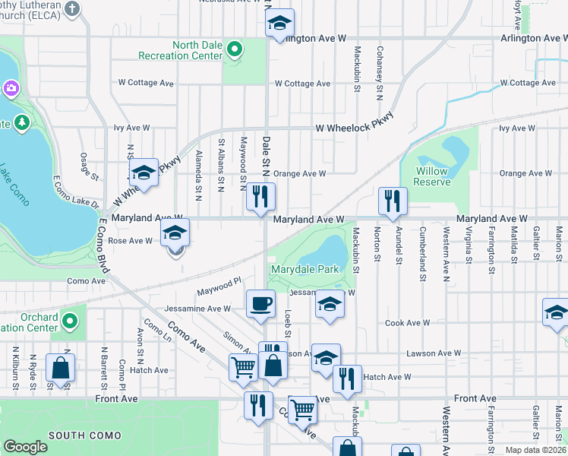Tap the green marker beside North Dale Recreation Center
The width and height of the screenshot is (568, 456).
[x=235, y=50]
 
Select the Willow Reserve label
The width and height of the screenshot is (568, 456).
[x=432, y=177]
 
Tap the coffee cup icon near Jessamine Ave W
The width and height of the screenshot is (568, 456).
[x=260, y=304]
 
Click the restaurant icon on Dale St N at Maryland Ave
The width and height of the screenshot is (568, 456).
[x=260, y=196]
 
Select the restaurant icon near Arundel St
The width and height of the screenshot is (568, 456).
[x=393, y=201]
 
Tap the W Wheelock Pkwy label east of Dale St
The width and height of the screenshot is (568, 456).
[x=355, y=125]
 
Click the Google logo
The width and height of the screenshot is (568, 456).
[x=26, y=447]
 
